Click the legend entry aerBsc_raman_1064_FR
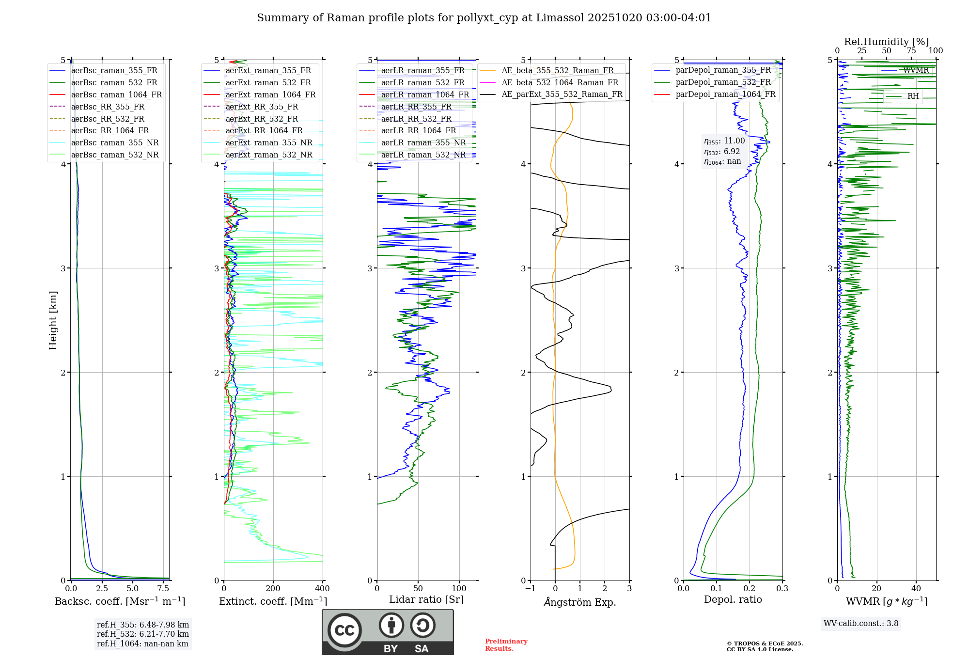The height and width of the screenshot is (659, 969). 116,94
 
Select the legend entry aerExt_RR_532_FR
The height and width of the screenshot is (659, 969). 262,119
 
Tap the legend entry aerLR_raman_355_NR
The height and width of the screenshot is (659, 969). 423,143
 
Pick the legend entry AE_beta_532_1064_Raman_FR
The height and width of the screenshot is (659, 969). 560,82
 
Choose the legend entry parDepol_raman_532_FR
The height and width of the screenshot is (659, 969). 723,82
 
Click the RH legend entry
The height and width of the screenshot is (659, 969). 913,96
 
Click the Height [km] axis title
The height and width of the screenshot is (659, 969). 53,320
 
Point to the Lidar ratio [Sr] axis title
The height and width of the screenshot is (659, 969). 426,600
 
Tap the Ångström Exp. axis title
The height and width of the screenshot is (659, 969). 580,602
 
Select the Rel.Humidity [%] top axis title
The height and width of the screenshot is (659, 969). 886,42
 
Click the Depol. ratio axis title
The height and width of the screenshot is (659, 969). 733,600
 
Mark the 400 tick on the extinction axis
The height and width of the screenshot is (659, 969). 323,589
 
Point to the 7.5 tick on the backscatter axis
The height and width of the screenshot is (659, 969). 163,589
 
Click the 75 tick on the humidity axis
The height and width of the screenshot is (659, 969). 911,51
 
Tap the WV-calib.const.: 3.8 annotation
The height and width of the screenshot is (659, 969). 861,624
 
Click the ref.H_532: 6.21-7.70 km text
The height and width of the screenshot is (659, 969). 142,634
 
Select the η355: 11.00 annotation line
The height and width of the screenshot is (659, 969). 724,141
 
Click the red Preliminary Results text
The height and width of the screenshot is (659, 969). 506,645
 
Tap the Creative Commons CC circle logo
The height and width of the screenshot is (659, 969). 344,630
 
